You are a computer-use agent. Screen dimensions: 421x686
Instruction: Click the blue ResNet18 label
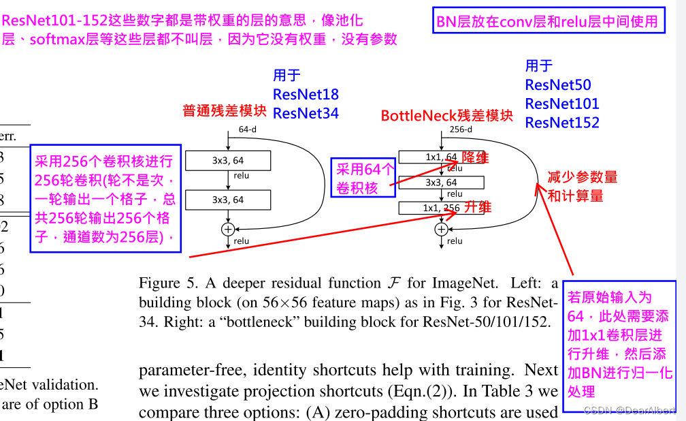pyautogui.click(x=306, y=94)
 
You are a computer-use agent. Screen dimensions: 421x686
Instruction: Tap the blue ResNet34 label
pyautogui.click(x=306, y=113)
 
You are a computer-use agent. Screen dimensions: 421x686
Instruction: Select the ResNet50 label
pyautogui.click(x=558, y=85)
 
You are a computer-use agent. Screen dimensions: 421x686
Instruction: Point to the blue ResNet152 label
pyautogui.click(x=562, y=123)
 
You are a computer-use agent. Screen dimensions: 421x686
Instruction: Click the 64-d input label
pyautogui.click(x=247, y=129)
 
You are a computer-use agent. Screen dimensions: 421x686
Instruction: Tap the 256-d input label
pyautogui.click(x=457, y=129)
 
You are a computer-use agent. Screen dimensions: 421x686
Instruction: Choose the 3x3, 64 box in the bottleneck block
pyautogui.click(x=441, y=183)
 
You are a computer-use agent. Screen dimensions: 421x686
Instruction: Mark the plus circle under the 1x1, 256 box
pyautogui.click(x=441, y=230)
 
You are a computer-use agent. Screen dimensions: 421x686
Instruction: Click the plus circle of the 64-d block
pyautogui.click(x=228, y=230)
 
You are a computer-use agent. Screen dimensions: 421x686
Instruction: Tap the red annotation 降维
pyautogui.click(x=476, y=157)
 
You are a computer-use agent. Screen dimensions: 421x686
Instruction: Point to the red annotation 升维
pyautogui.click(x=478, y=206)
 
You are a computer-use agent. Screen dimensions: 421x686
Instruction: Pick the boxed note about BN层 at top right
pyautogui.click(x=549, y=21)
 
